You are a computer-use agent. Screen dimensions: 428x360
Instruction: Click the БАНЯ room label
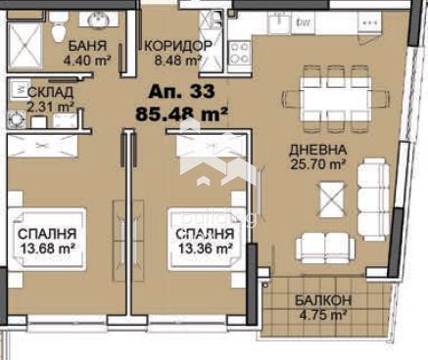[x=87, y=46]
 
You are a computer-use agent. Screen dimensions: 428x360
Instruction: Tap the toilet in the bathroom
[x=59, y=29]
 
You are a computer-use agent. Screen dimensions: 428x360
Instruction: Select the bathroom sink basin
[x=99, y=18]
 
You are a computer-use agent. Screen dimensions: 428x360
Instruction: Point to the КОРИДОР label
[x=178, y=46]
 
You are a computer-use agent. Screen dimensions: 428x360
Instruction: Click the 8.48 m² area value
[x=177, y=61]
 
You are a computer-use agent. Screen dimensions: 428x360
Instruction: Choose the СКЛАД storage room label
[x=50, y=92]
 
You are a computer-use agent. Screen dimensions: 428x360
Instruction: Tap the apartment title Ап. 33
[x=181, y=91]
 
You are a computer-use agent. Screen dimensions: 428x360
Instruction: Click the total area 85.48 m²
[x=181, y=114]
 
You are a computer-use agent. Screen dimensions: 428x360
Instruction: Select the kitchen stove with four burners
[x=239, y=53]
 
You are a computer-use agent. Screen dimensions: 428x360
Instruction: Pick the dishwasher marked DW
[x=303, y=22]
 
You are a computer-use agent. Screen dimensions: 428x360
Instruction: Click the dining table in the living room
[x=336, y=99]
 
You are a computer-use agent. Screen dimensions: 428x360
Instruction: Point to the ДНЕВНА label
[x=317, y=150]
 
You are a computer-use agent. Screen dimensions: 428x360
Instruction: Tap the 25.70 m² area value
[x=317, y=164]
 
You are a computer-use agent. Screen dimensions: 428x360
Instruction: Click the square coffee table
[x=332, y=200]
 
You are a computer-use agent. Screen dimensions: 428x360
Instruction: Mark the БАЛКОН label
[x=323, y=300]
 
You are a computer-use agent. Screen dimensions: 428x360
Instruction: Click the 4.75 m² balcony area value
[x=323, y=315]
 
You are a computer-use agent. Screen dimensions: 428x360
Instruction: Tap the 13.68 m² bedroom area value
[x=47, y=248]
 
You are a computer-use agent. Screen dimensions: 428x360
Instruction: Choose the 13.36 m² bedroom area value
[x=206, y=248]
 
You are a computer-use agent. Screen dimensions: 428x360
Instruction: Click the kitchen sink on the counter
[x=279, y=22]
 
